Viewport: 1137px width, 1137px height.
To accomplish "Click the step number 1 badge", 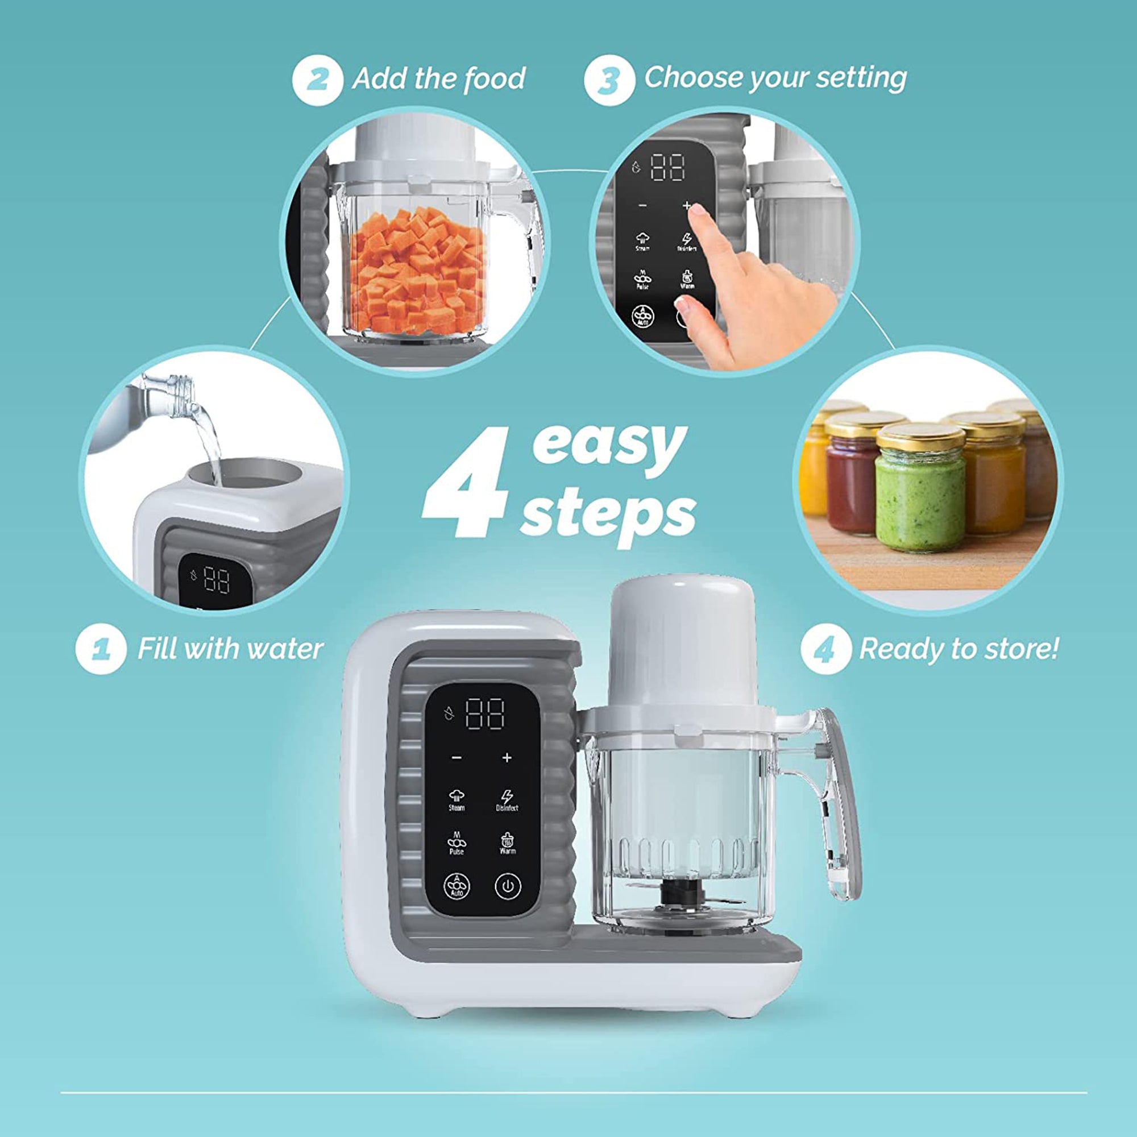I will (101, 649).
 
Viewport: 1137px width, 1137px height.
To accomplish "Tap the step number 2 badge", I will (317, 80).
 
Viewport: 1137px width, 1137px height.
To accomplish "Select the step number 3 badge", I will (609, 80).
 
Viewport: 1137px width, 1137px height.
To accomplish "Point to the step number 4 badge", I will (825, 649).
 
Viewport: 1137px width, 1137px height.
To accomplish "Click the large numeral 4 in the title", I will (468, 483).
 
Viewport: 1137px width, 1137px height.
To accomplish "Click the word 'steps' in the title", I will (608, 514).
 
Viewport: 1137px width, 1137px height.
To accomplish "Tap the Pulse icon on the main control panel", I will (457, 843).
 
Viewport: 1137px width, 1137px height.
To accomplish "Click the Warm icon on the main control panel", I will (507, 843).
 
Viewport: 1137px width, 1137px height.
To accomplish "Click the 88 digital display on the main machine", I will (485, 714).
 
